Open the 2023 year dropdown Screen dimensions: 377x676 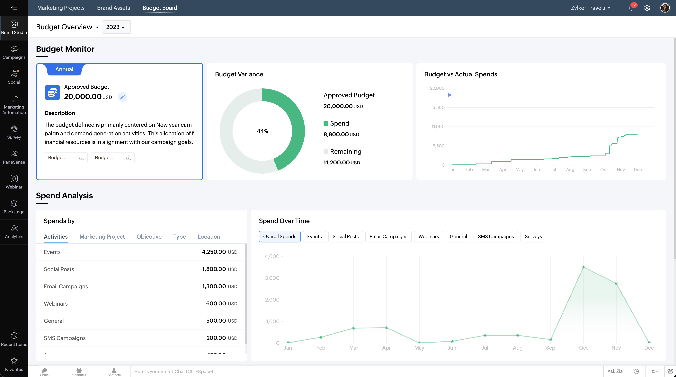click(x=116, y=27)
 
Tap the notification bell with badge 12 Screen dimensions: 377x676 click(x=631, y=8)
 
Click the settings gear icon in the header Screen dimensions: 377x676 click(x=647, y=8)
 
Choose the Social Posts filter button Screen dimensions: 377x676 click(x=345, y=236)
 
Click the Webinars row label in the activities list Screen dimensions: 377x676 click(x=56, y=304)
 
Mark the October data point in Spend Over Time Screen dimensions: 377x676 click(x=583, y=267)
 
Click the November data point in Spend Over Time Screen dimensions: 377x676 click(x=616, y=283)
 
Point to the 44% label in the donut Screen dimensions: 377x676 click(x=262, y=131)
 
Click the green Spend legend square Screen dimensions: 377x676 click(x=326, y=123)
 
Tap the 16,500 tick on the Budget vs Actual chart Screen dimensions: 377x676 click(x=437, y=107)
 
